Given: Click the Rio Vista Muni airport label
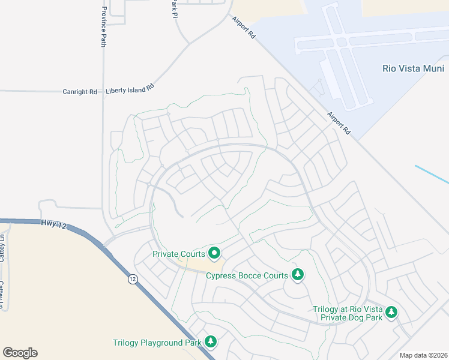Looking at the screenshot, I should tap(413, 68).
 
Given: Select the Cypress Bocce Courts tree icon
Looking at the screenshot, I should tap(297, 275).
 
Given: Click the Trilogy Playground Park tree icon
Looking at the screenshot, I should tap(210, 342).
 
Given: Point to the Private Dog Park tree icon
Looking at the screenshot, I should tap(391, 312).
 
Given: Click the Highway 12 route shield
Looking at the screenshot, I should tap(132, 279).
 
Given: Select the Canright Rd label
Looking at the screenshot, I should tap(80, 92).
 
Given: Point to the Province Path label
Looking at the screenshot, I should tap(104, 27).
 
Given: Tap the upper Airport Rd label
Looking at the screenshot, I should tap(244, 28).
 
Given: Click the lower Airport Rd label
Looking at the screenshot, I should tap(339, 122).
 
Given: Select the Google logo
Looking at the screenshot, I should tap(20, 353).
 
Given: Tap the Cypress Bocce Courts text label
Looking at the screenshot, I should tap(247, 276).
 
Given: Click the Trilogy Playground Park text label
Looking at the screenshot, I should tap(157, 343).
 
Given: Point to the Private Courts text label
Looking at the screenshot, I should tap(179, 254).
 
